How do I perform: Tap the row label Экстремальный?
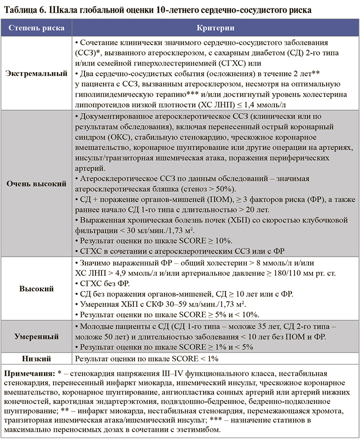point(36,73)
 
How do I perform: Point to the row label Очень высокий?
point(36,184)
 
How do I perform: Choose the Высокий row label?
point(36,289)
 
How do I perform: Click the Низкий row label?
point(36,359)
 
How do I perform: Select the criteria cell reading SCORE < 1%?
point(146,359)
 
